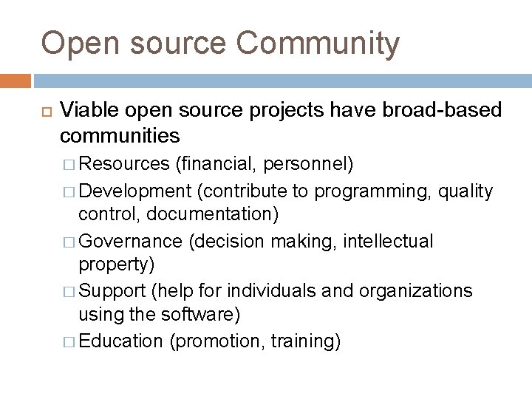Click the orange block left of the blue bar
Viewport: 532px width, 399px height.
16,80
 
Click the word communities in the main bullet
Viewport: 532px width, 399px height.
120,136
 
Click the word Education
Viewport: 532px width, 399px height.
120,341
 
